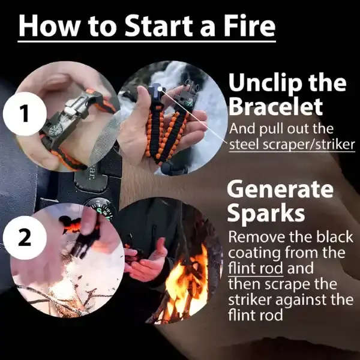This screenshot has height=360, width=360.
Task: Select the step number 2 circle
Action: [24, 236]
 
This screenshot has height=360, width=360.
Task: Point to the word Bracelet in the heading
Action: [275, 106]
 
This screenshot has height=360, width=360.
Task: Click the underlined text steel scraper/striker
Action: [291, 145]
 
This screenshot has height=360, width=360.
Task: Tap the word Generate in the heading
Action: [280, 190]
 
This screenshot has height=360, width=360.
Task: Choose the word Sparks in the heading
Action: [265, 213]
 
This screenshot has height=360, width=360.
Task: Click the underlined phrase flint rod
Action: [253, 268]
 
